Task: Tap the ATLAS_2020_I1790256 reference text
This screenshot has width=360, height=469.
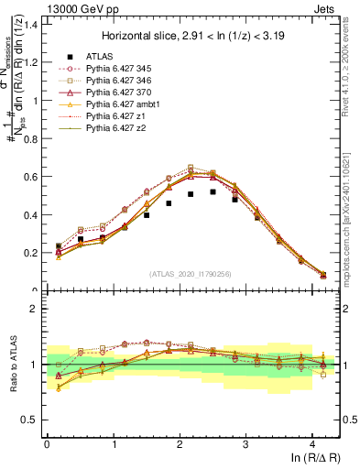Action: (x=189, y=274)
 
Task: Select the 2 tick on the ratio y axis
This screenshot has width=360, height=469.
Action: (x=34, y=310)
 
